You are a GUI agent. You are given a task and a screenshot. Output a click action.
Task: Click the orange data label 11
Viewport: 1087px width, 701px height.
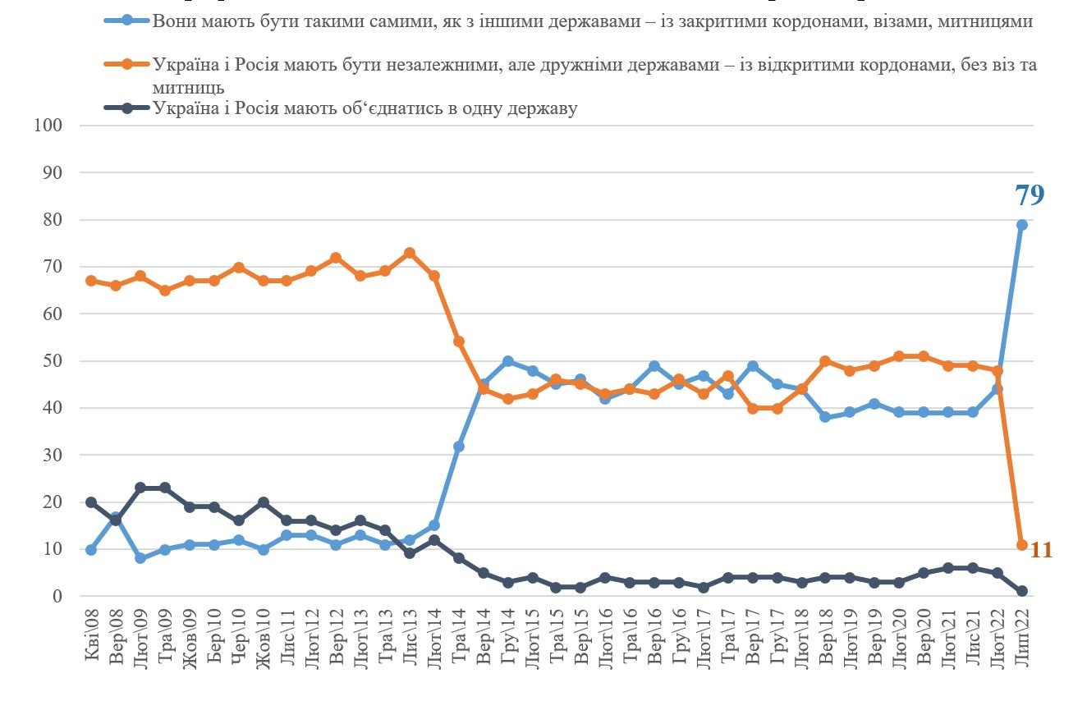(x=1041, y=550)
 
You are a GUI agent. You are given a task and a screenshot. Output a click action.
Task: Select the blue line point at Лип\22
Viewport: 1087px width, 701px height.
(x=1022, y=225)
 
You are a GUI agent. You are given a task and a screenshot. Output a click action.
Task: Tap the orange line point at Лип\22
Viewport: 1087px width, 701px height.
(x=1022, y=545)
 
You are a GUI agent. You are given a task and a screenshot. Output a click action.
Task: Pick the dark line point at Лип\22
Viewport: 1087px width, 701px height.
(x=1022, y=592)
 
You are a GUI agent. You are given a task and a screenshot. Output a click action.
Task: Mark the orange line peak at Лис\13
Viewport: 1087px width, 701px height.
(x=410, y=253)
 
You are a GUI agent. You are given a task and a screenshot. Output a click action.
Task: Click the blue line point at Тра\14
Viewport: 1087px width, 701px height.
(x=459, y=447)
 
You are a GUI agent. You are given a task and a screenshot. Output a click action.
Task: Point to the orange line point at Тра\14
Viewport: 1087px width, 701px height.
(x=459, y=341)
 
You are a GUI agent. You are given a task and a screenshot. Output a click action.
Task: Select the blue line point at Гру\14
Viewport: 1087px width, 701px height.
(x=508, y=361)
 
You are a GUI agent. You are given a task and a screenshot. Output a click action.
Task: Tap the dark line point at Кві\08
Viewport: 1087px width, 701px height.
(x=91, y=502)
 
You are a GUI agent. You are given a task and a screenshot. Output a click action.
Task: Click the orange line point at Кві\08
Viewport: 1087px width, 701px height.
(x=91, y=281)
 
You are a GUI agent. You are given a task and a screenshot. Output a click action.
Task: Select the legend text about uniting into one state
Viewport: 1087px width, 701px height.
(x=365, y=108)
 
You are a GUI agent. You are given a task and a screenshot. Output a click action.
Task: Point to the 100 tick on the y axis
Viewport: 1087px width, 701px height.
(x=48, y=125)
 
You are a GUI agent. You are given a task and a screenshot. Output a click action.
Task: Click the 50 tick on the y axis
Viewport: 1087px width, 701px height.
(x=52, y=361)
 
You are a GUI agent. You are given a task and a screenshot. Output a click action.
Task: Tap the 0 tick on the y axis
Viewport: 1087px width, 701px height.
(x=57, y=597)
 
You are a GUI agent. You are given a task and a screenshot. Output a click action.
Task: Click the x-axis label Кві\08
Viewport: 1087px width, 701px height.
(x=91, y=648)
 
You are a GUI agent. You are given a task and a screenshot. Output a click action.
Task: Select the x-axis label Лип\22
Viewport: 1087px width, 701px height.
(x=1022, y=648)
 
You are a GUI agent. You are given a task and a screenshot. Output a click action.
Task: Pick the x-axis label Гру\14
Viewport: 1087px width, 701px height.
(x=508, y=648)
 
